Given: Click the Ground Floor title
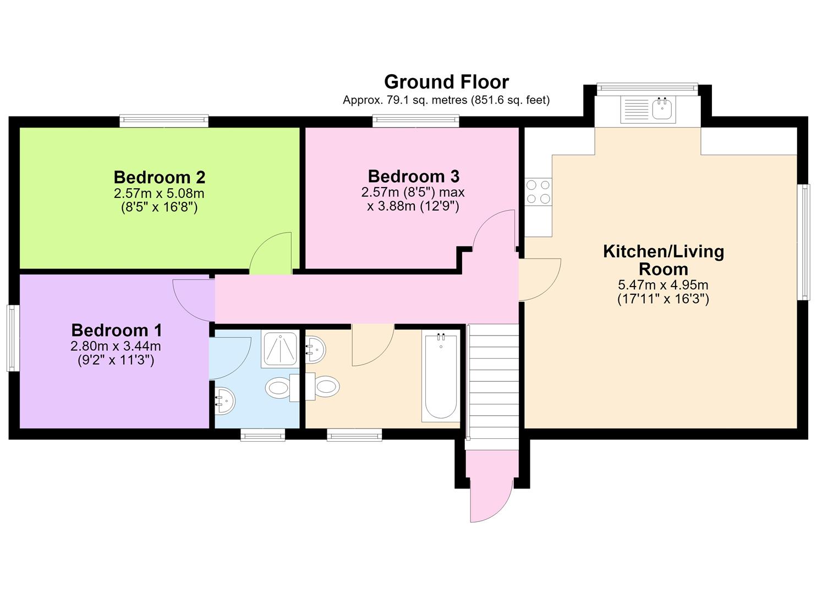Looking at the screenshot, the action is pos(446,82).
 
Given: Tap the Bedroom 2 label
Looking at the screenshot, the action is pos(160,178).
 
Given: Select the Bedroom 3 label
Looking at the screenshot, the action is pos(414,177).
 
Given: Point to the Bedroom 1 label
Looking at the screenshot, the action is pos(116,331).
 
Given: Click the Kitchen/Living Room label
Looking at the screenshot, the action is pos(664,260).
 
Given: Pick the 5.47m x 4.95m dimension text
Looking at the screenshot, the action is pos(663,285).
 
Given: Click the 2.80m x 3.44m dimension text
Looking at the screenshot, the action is pos(116,346).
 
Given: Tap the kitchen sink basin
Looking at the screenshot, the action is pos(662,108).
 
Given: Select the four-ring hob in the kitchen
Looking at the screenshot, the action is pos(539,192).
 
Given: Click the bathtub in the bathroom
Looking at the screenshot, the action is pos(441,376).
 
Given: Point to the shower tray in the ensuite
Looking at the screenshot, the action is pos(280,349).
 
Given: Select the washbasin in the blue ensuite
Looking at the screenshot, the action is pos(224,401).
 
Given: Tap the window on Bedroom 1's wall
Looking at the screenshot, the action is pos(13,338).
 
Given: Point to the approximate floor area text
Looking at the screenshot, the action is pos(446,100).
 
